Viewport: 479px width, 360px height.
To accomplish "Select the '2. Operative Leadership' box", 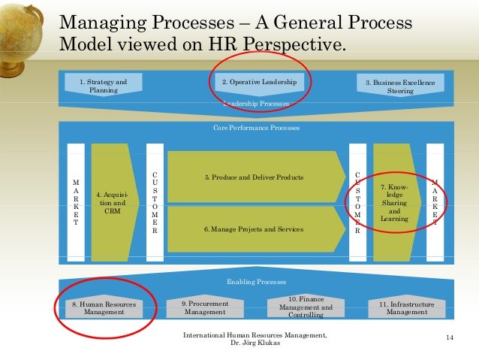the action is (x=259, y=82).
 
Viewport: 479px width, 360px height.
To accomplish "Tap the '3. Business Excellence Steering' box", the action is (x=399, y=86).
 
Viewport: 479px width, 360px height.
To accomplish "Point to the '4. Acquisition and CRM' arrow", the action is (x=111, y=202).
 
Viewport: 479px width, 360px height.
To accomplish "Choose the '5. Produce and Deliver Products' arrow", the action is (x=254, y=177).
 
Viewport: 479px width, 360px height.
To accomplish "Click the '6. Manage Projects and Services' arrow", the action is (x=254, y=228).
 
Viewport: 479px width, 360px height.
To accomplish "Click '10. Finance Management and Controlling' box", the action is (x=306, y=307).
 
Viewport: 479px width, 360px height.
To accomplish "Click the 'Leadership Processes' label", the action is (x=256, y=104).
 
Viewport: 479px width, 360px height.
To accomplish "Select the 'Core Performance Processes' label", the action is (x=256, y=128).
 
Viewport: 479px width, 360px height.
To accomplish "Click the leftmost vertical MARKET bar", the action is (x=75, y=202).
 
